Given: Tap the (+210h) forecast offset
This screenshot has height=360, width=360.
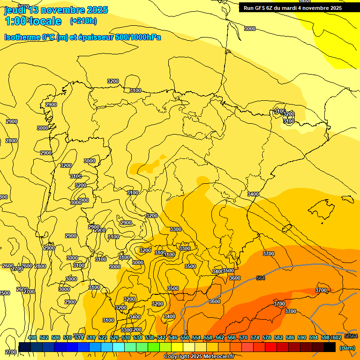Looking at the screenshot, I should (83, 21).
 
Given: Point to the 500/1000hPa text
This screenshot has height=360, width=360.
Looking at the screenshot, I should (139, 37).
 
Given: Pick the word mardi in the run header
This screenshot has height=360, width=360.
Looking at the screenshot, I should (299, 8).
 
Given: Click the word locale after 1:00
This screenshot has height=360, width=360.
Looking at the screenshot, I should (45, 21).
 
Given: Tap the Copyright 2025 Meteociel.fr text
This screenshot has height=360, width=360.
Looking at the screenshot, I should (199, 357).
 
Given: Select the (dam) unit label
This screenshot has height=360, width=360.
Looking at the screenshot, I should (347, 348).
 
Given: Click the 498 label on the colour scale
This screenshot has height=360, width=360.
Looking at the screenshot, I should (32, 337).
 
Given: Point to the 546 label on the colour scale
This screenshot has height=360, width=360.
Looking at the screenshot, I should (172, 337).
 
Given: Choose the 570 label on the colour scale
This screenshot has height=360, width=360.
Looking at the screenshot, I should (243, 337).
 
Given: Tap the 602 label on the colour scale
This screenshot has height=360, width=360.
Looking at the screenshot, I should (337, 337).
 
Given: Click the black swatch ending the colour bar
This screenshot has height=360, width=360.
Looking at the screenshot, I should (330, 347).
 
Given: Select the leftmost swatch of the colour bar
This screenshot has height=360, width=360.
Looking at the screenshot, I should (25, 347).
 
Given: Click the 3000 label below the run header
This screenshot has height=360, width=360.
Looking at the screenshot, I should (250, 29).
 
